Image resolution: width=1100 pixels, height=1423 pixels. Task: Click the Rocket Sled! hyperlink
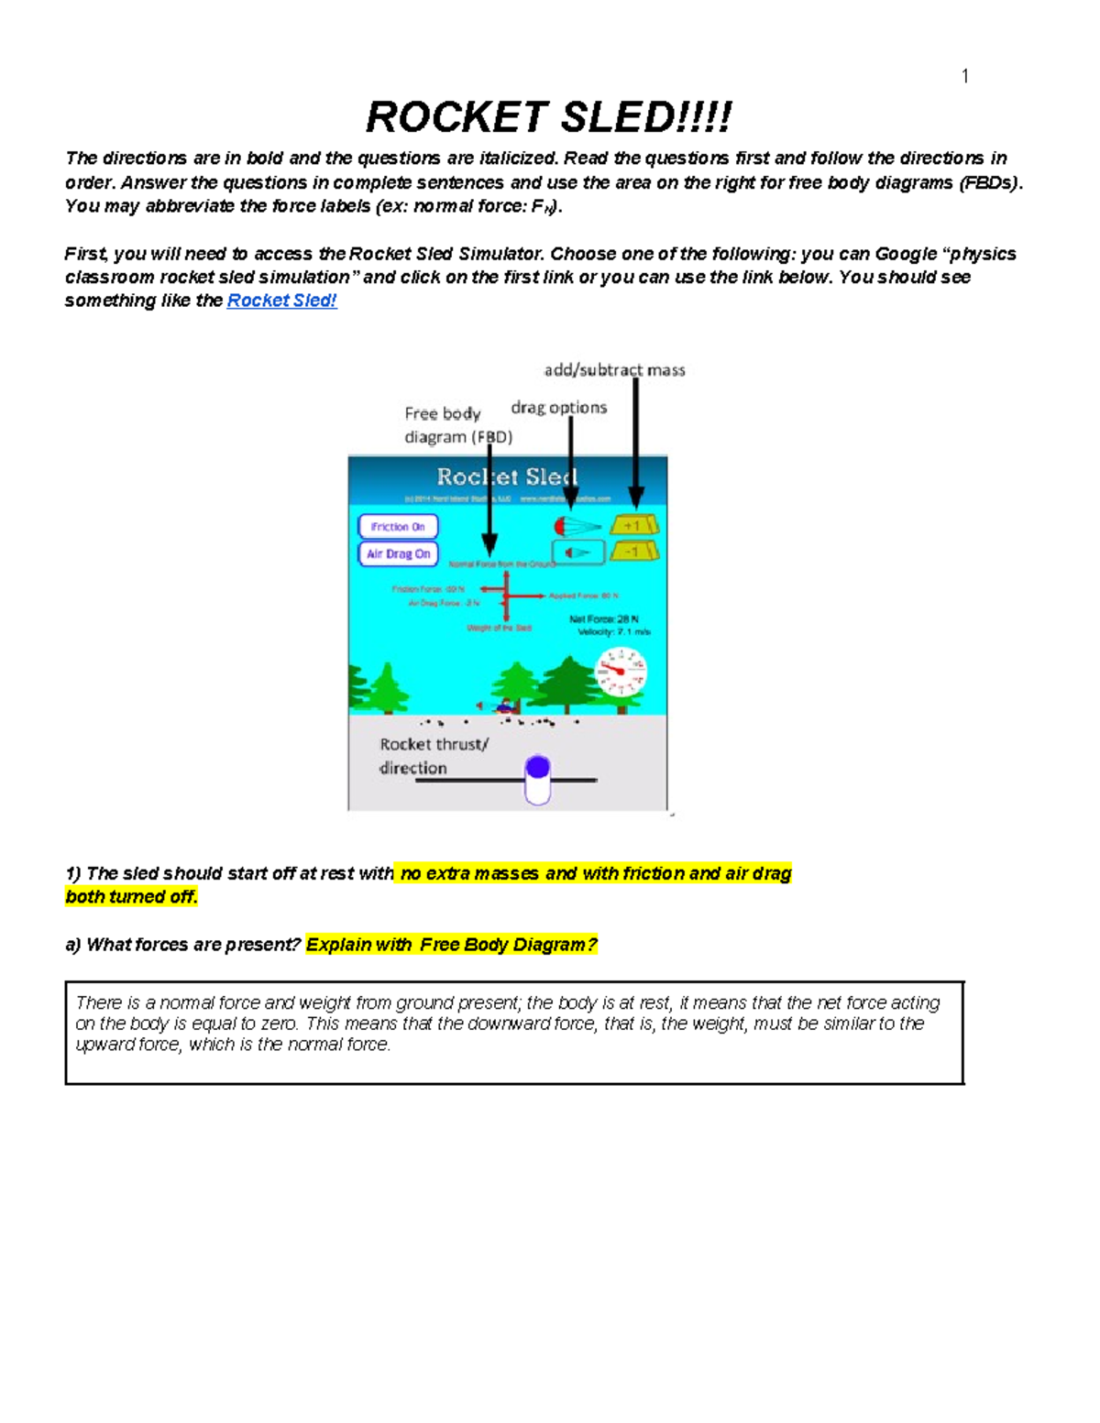281,301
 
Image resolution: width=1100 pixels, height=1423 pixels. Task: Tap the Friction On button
398,527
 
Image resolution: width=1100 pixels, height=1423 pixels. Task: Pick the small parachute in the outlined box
577,553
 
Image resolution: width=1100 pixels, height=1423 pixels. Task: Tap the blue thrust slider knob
538,768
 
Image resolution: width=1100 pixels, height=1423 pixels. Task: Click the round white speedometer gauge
621,672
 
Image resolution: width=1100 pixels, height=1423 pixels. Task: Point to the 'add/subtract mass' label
614,370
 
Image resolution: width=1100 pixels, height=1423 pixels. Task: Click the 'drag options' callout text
558,408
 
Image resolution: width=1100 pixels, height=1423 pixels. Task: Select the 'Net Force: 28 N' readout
605,619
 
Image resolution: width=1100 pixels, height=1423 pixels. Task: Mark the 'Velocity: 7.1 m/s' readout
613,632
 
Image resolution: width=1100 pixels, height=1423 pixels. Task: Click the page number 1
964,76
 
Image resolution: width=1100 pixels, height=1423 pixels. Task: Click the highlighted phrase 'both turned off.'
131,897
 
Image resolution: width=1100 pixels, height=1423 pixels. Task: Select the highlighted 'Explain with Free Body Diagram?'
451,945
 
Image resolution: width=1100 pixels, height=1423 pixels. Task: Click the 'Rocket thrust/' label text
434,745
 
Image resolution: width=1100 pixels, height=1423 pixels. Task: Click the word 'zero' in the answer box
279,1023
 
